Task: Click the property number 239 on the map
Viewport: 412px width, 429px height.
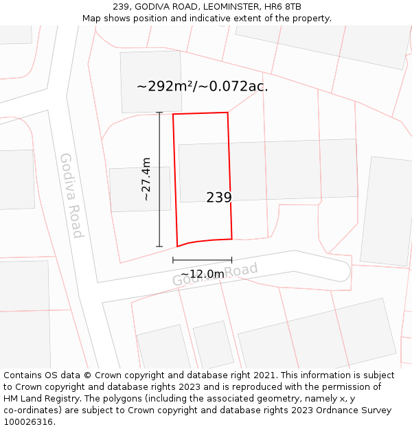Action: (219, 198)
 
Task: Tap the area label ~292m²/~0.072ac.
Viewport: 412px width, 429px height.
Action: (203, 86)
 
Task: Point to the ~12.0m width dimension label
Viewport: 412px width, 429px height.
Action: (202, 274)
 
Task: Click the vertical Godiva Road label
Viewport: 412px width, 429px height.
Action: (71, 195)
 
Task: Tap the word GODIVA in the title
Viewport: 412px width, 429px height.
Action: (156, 7)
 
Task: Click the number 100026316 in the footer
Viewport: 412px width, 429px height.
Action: (27, 422)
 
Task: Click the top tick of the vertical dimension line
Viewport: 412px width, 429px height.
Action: (159, 113)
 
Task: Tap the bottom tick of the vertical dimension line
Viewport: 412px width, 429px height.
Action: (159, 246)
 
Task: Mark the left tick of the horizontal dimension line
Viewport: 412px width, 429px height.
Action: (173, 260)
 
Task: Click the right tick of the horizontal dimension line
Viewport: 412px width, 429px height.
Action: (231, 260)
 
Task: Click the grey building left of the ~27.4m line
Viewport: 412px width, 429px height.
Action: (139, 189)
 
